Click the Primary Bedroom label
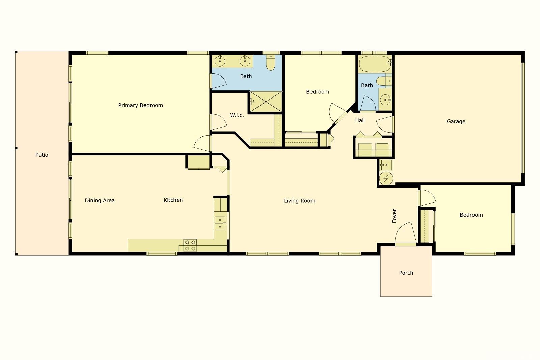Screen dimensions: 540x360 (x=140, y=105)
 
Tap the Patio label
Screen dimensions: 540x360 (x=42, y=155)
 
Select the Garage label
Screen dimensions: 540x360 (x=456, y=121)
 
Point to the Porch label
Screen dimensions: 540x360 (x=406, y=273)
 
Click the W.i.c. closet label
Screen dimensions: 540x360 (x=237, y=115)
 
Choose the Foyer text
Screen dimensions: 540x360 (x=394, y=216)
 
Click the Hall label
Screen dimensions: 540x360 (x=360, y=120)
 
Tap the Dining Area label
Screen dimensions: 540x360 (x=100, y=200)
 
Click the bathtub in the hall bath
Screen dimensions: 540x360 (x=375, y=64)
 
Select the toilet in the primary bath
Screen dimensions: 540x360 (x=271, y=62)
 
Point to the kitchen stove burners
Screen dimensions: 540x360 (x=190, y=245)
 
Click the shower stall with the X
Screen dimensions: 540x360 (x=266, y=102)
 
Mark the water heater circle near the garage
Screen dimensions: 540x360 (x=386, y=178)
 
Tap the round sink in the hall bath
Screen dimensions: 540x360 (x=385, y=100)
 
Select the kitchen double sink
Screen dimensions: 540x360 (x=220, y=223)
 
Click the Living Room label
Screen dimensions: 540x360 (x=299, y=201)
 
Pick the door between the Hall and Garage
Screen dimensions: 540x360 (x=385, y=124)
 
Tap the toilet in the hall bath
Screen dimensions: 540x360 (x=383, y=81)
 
